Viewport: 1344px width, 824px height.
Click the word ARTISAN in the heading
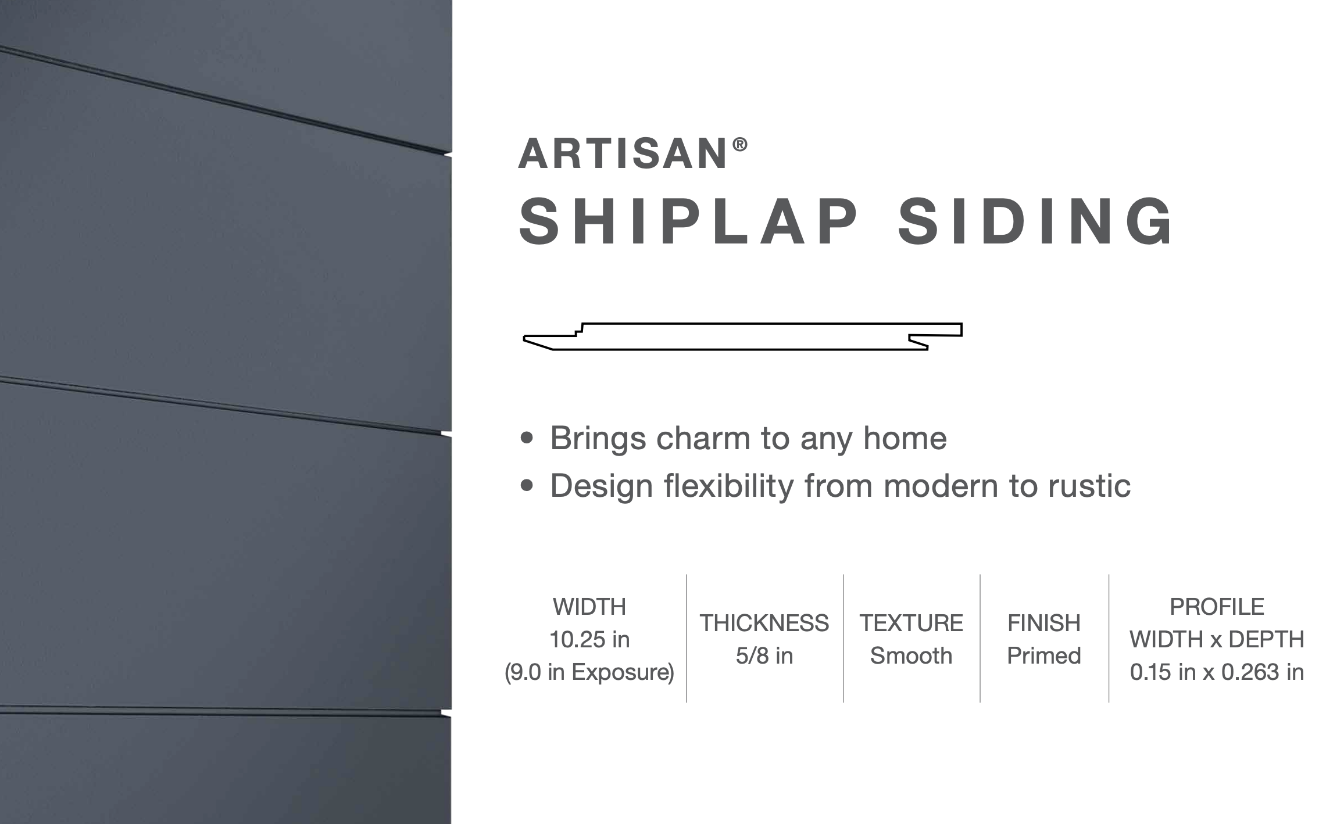click(622, 154)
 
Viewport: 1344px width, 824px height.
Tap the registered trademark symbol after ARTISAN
click(739, 145)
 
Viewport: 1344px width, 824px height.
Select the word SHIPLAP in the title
click(688, 221)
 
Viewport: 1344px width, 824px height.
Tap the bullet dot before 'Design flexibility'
click(527, 485)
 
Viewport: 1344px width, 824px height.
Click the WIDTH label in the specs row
click(589, 607)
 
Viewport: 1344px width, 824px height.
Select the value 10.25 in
click(589, 639)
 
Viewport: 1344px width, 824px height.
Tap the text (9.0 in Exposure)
click(589, 672)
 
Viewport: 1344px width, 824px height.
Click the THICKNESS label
click(764, 623)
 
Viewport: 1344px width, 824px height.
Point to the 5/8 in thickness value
click(764, 655)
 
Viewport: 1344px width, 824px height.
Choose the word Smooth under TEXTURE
click(911, 655)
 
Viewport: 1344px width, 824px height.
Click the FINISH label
click(1043, 623)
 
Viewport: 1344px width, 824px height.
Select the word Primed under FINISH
click(1043, 655)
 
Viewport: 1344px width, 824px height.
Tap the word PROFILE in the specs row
click(1217, 607)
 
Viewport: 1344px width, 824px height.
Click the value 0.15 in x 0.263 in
click(1217, 672)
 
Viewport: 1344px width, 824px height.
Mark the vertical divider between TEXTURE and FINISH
click(980, 638)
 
